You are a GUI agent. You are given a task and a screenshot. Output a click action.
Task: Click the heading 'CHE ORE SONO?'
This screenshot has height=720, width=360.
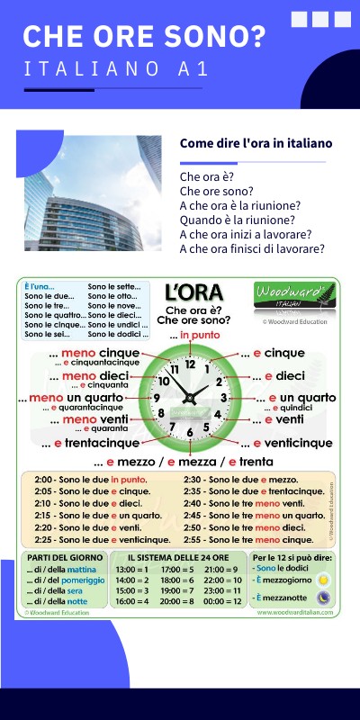[144, 36]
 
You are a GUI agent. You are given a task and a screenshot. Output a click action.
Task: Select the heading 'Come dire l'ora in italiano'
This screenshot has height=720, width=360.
[256, 143]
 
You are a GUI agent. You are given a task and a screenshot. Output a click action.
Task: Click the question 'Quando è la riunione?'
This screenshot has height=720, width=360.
[237, 220]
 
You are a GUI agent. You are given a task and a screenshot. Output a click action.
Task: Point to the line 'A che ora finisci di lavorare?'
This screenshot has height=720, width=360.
[252, 249]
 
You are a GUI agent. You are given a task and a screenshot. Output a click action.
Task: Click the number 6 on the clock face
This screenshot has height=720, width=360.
[190, 431]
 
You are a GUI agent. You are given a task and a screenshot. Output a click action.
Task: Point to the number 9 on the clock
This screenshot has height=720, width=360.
[157, 398]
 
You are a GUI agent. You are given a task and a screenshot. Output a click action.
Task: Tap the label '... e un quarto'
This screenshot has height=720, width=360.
[295, 398]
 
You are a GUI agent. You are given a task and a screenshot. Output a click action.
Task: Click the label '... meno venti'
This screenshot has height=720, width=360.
[88, 419]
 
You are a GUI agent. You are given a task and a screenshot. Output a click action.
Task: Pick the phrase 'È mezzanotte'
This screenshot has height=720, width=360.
[281, 598]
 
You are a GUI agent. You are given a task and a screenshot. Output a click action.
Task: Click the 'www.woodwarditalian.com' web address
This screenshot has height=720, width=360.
[294, 612]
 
